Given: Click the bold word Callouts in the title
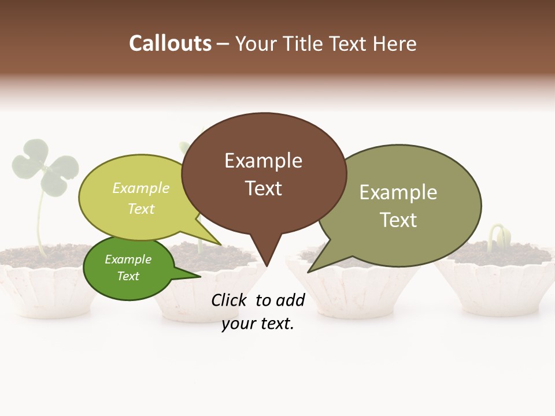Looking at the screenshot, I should tap(170, 43).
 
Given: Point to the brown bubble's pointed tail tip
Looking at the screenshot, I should tap(267, 266).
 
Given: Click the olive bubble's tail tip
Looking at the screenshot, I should tap(309, 272).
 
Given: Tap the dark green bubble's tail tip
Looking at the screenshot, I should tap(200, 276).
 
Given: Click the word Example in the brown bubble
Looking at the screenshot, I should tap(263, 161).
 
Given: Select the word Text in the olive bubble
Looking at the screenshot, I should tap(398, 220).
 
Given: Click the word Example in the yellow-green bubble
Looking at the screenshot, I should tap(141, 188).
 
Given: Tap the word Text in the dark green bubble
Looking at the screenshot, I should tap(128, 276).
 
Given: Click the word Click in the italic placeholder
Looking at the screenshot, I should tap(230, 300).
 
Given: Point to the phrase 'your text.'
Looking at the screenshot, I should tap(258, 324).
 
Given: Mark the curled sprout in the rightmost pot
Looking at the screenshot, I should tap(498, 236).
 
